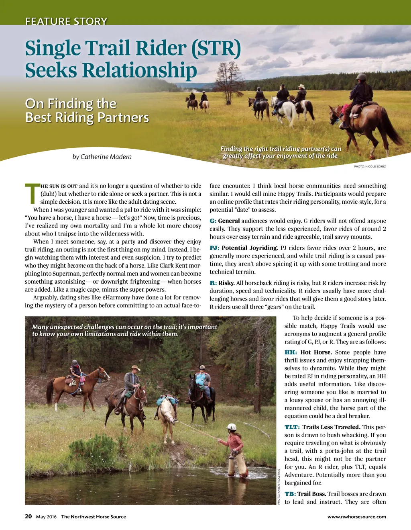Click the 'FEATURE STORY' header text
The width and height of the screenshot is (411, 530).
point(66,21)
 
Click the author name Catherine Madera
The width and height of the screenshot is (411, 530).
point(102,157)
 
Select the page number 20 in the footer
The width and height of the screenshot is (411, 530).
point(28,516)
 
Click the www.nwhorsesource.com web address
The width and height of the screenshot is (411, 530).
point(356,517)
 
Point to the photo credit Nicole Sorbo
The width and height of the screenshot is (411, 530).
point(370,166)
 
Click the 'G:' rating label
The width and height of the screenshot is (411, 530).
point(213,221)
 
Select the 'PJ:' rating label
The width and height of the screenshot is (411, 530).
point(214,248)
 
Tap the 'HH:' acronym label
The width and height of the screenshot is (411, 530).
point(291,352)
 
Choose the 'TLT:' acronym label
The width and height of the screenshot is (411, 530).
point(292,427)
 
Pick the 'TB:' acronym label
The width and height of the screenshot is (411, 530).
point(290,494)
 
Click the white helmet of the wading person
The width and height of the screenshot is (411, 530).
point(232,427)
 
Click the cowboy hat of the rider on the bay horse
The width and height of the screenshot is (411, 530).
point(135,368)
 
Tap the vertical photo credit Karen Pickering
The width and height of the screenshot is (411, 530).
point(279,486)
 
